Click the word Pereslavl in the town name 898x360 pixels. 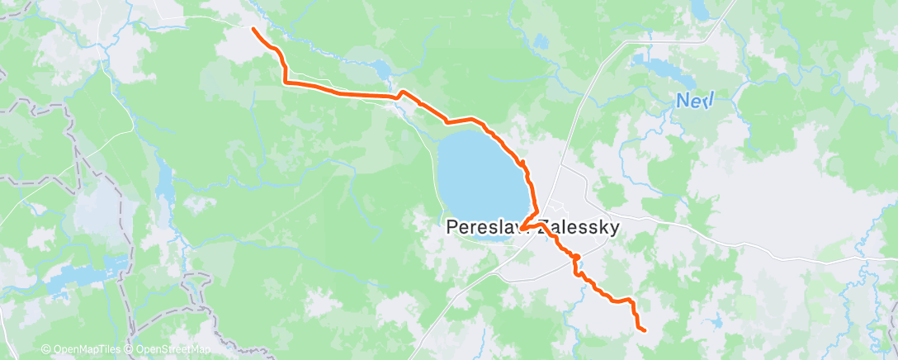click(x=482, y=227)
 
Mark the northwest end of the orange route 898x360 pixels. click(x=253, y=29)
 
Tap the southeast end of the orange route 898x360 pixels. click(x=644, y=331)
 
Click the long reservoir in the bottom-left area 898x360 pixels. click(x=83, y=277)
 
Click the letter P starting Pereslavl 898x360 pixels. click(x=451, y=227)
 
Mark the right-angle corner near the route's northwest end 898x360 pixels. click(x=286, y=82)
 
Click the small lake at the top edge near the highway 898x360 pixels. click(x=700, y=10)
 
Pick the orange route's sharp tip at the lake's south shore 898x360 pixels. click(x=522, y=240)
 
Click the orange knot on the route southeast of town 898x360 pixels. click(x=575, y=258)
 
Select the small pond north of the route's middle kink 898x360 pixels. click(x=381, y=69)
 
